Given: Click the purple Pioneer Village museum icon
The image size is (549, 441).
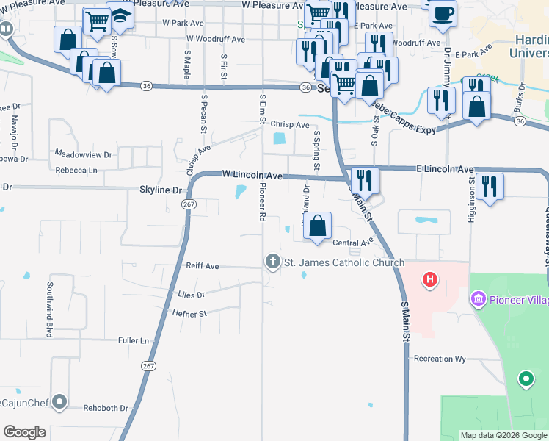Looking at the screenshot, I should pos(479,299).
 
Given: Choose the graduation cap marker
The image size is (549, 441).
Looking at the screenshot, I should pos(120,15).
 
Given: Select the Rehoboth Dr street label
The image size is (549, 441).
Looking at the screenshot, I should pos(106,408).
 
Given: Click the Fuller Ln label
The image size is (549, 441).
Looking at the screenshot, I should pos(134,341).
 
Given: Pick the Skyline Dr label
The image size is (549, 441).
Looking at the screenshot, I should pos(161,190).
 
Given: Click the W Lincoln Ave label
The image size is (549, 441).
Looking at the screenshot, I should pos(252,176).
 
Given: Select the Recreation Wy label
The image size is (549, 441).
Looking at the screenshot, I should pos(440,359).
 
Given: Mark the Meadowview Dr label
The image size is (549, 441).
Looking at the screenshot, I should pos(83,154).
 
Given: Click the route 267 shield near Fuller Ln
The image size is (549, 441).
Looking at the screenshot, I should pos(148,365).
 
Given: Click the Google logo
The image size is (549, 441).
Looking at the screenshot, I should pos(24,432).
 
